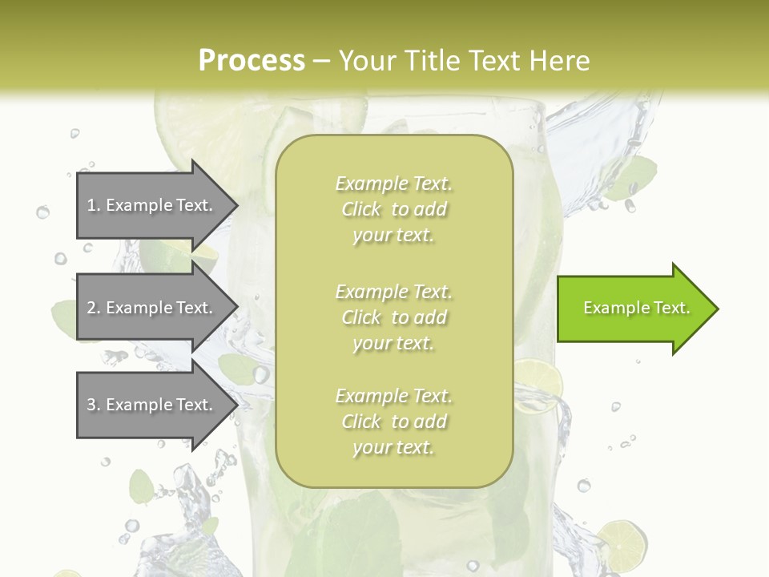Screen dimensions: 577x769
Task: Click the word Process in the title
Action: coord(252,60)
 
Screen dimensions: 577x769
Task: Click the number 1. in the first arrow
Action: coord(94,205)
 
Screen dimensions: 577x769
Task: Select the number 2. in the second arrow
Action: coord(94,308)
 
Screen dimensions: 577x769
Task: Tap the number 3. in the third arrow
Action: coord(94,405)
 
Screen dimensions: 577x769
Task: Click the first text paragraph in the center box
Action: coord(393,209)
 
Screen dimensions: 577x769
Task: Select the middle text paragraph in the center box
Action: coord(393,317)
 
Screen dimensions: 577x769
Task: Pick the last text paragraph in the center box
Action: coord(393,422)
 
